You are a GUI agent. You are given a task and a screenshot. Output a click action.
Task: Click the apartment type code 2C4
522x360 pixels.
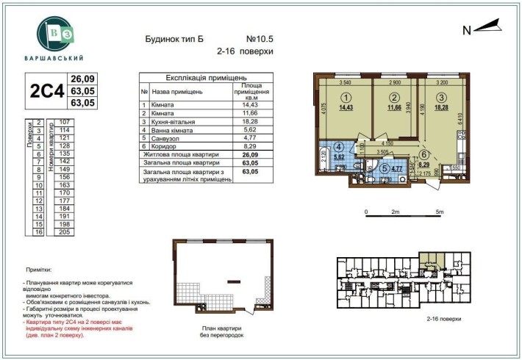(43, 92)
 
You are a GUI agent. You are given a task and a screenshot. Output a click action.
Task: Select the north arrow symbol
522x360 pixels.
(486, 28)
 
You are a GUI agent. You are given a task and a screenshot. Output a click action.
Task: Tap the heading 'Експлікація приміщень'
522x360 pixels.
(206, 76)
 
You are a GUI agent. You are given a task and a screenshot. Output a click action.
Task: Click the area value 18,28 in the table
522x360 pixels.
(250, 122)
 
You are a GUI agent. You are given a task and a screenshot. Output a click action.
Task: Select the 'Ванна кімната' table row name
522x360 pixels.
(173, 130)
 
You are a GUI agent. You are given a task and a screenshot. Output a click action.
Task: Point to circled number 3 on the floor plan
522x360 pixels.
(440, 97)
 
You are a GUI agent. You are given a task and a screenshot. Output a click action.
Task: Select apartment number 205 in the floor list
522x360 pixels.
(64, 231)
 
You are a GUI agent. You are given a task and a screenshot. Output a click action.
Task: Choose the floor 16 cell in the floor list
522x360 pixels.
(37, 231)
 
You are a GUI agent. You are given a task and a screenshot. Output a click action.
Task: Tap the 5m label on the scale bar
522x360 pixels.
(440, 211)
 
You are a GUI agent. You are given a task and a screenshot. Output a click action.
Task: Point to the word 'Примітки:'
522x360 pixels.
(37, 270)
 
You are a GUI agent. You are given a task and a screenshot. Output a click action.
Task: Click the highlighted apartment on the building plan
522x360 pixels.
(429, 259)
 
